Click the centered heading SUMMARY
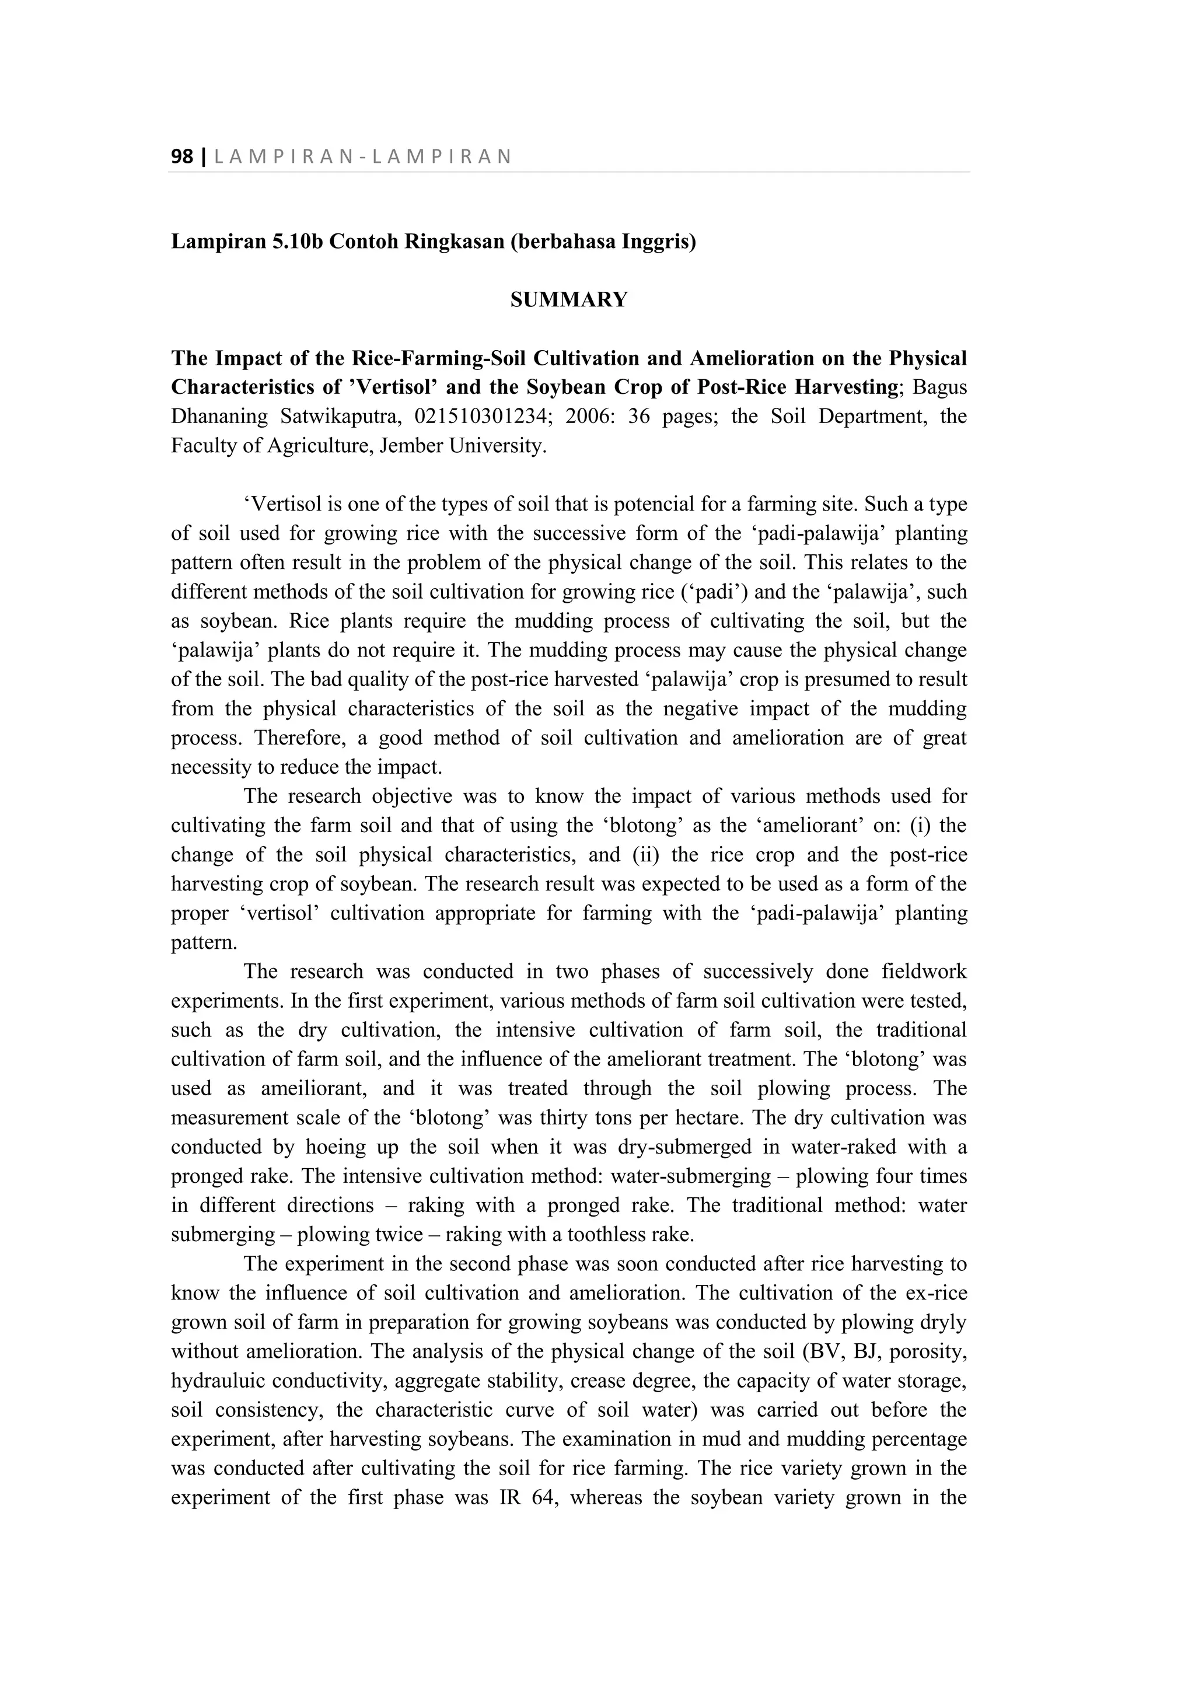568,300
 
